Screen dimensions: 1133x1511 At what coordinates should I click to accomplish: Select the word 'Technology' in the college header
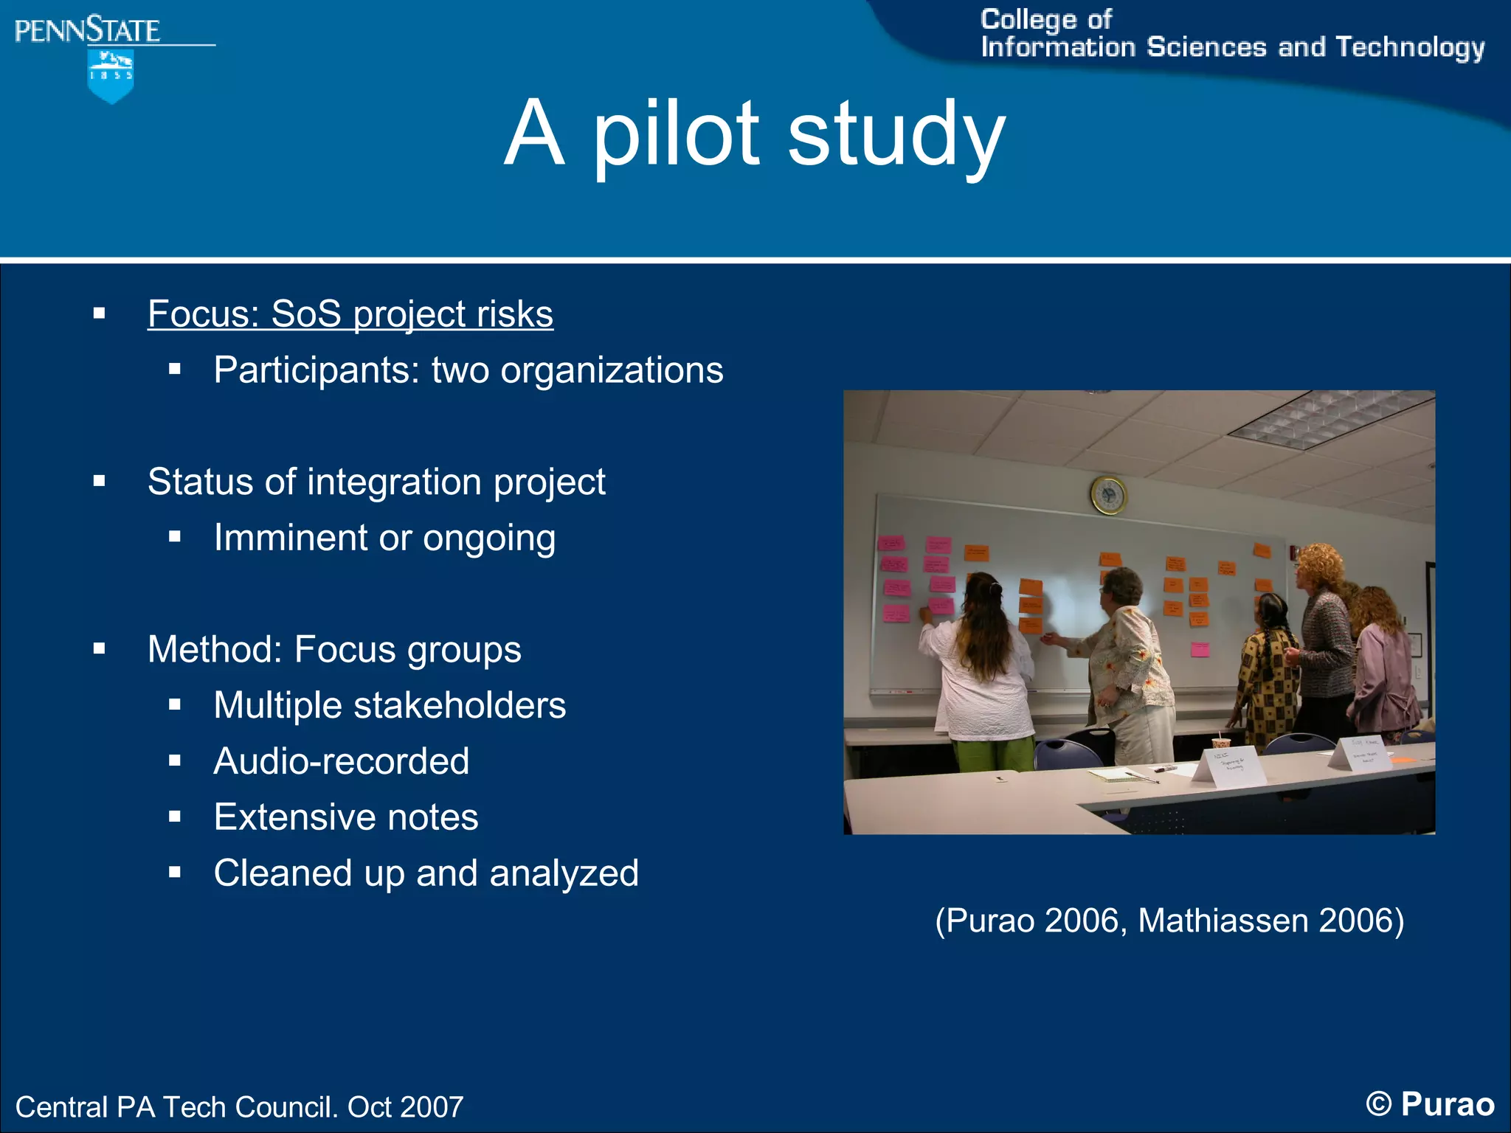click(x=1410, y=48)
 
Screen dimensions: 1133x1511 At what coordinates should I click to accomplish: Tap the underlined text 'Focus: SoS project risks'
click(x=350, y=314)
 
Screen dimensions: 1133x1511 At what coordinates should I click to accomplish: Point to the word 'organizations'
click(x=612, y=370)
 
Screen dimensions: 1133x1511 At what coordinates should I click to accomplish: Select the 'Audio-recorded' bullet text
click(x=341, y=761)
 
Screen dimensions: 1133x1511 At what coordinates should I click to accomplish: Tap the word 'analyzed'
click(x=564, y=873)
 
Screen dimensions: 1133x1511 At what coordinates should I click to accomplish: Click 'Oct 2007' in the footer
click(x=405, y=1107)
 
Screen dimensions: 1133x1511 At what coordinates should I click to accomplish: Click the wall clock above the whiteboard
click(x=1108, y=494)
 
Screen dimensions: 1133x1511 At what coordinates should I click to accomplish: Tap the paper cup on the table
click(x=1222, y=743)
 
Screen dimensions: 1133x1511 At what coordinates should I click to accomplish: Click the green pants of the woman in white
click(x=992, y=754)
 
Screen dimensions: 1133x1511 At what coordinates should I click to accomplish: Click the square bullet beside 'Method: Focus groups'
click(x=100, y=649)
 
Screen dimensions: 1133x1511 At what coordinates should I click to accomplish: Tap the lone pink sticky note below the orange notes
click(x=1200, y=650)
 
